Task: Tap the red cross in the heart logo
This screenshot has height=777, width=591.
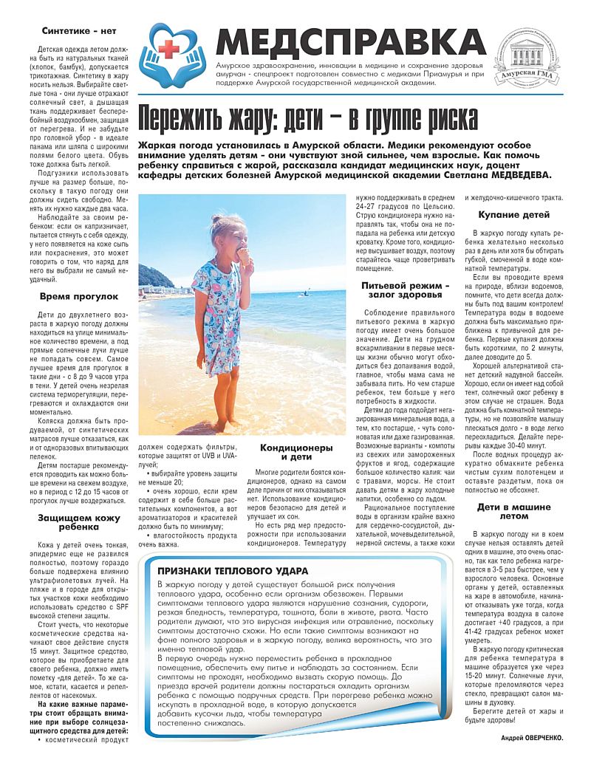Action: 171,50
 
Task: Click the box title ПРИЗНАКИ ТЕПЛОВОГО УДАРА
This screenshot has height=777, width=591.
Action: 233,571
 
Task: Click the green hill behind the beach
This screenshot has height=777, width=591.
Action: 153,277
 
